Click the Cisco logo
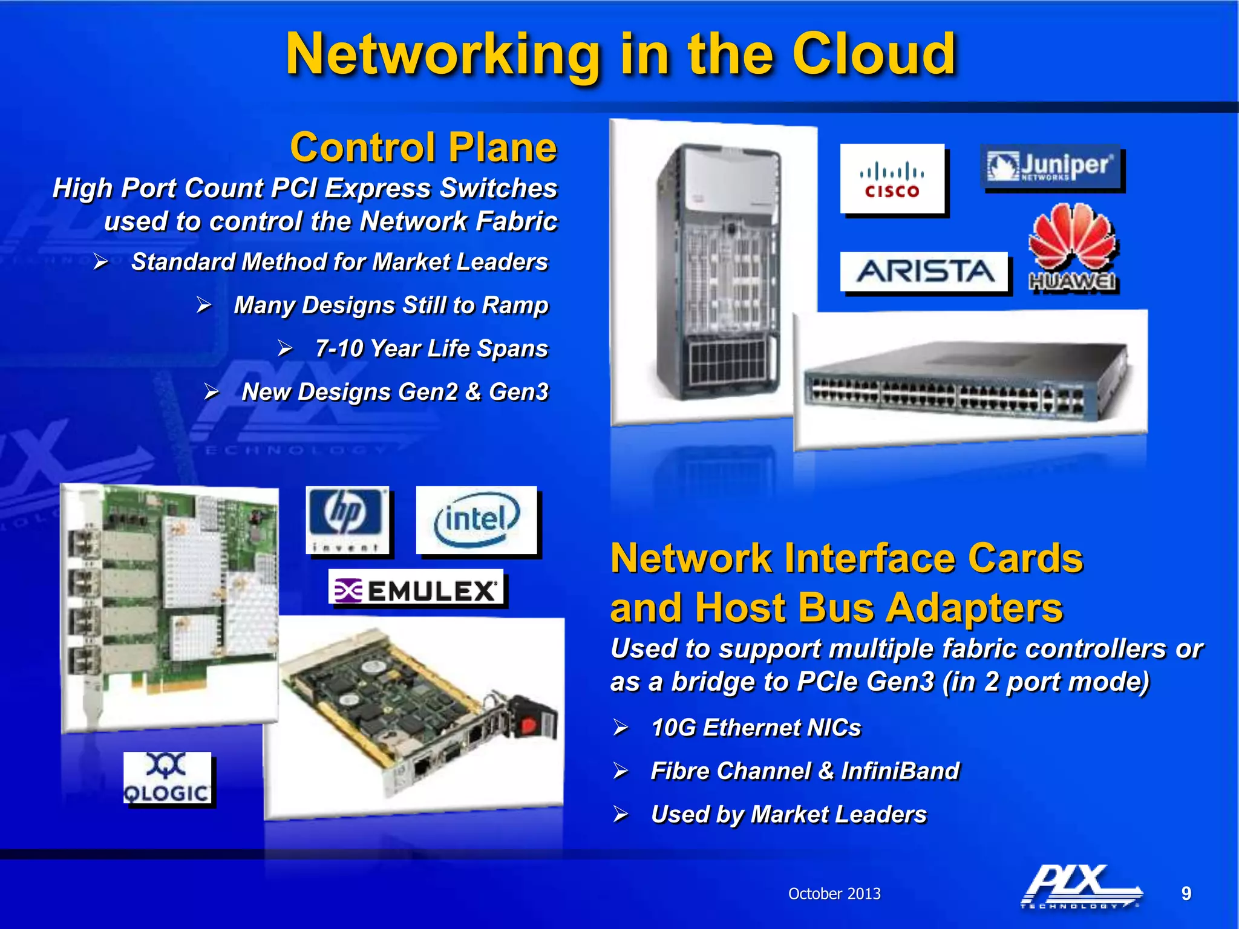[x=892, y=179]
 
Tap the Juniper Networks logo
[x=1051, y=166]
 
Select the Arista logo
[x=924, y=272]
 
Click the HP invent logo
[x=347, y=521]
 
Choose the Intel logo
[x=477, y=520]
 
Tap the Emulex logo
[x=416, y=588]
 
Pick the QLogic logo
[x=167, y=778]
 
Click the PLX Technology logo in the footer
[x=1080, y=886]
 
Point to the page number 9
[x=1186, y=893]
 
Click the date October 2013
[x=834, y=893]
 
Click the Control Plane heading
[x=423, y=147]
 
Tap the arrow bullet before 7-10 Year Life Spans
[x=285, y=348]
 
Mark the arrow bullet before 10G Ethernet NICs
[x=621, y=727]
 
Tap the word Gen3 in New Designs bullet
[x=518, y=392]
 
